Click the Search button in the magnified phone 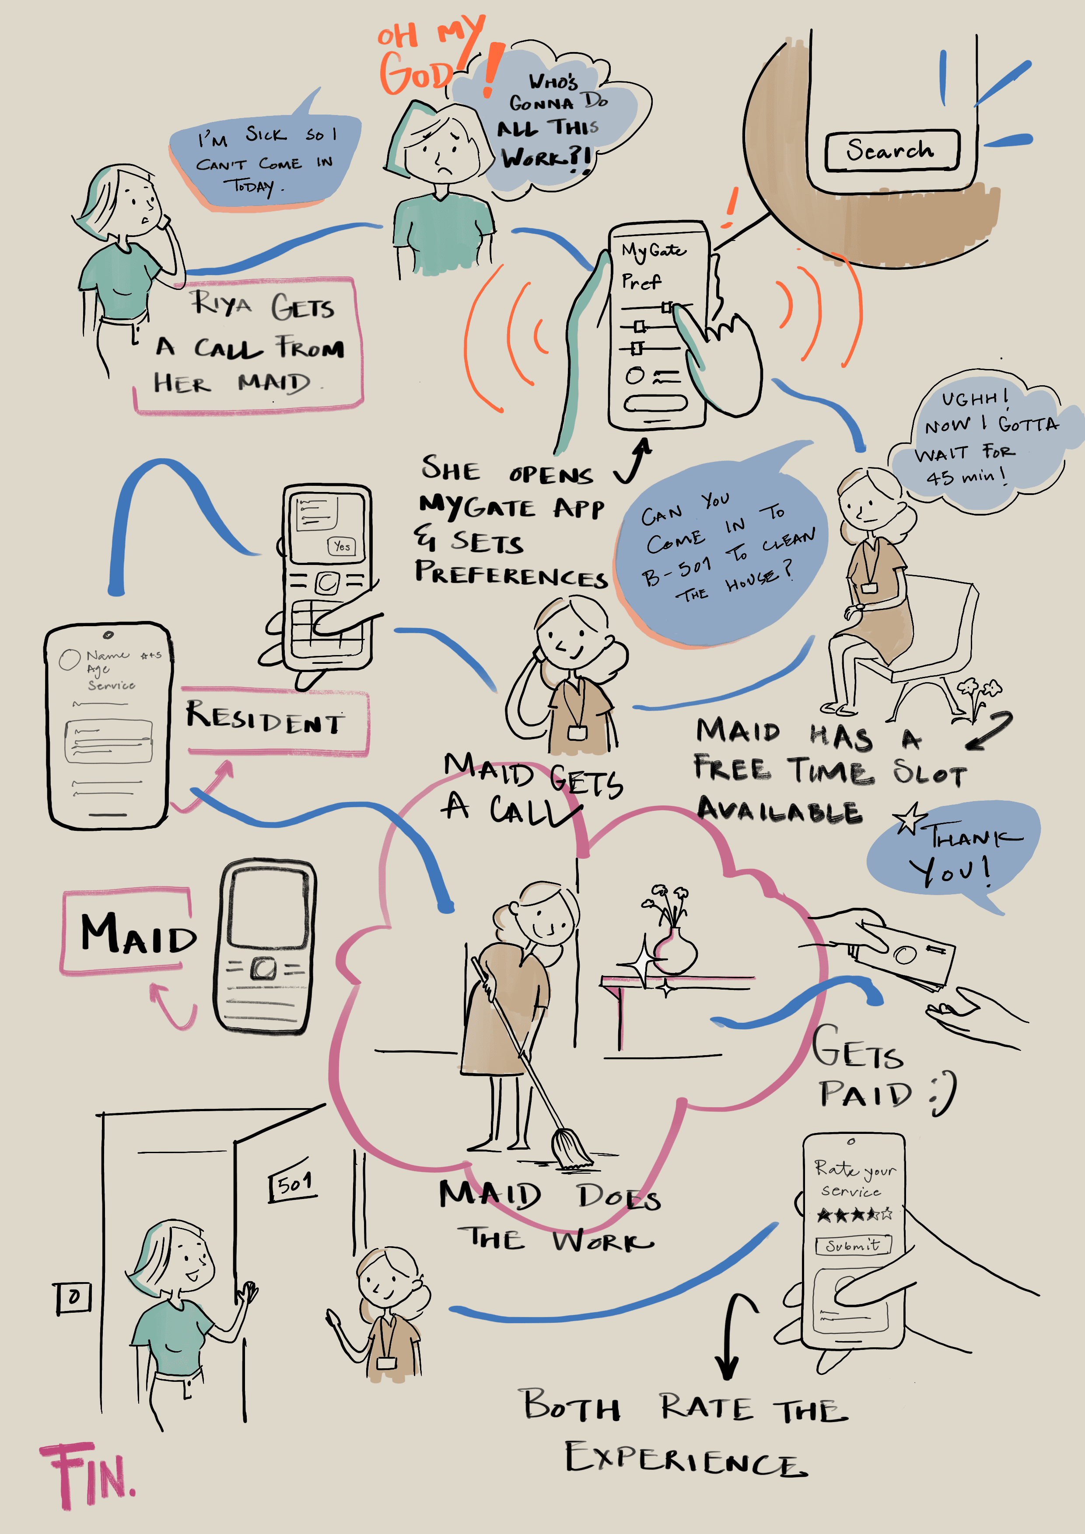891,150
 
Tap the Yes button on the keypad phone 342,546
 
